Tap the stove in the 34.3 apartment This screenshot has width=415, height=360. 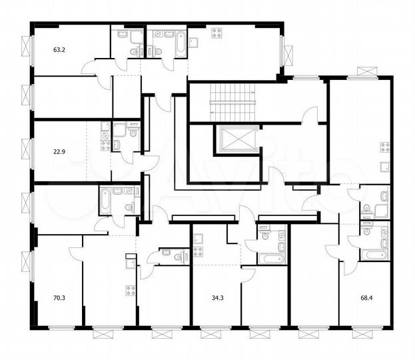[198, 251]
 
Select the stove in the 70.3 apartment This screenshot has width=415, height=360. [130, 290]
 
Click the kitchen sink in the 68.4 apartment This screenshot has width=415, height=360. [385, 167]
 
